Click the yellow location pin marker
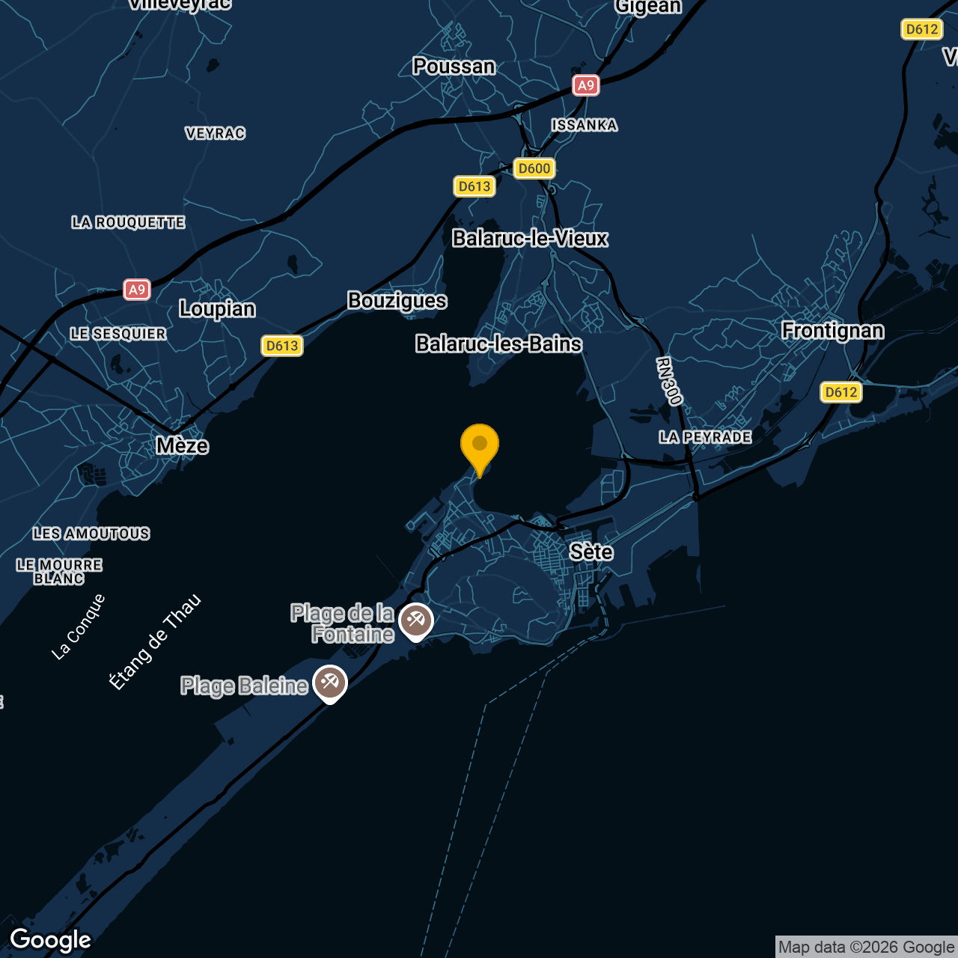pyautogui.click(x=480, y=446)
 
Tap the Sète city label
pyautogui.click(x=591, y=552)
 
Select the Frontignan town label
pyautogui.click(x=832, y=331)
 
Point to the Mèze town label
pyautogui.click(x=182, y=446)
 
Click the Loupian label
pyautogui.click(x=217, y=309)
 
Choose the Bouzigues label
pyautogui.click(x=397, y=301)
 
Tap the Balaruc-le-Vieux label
pyautogui.click(x=530, y=239)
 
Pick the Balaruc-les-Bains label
pyautogui.click(x=498, y=344)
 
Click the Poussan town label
pyautogui.click(x=454, y=67)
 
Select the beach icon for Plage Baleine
pyautogui.click(x=330, y=683)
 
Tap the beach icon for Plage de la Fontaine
pyautogui.click(x=416, y=620)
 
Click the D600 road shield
pyautogui.click(x=534, y=168)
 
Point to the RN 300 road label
pyautogui.click(x=669, y=382)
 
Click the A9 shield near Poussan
pyautogui.click(x=585, y=85)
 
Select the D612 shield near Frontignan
pyautogui.click(x=841, y=392)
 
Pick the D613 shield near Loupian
pyautogui.click(x=282, y=346)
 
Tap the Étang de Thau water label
pyautogui.click(x=156, y=641)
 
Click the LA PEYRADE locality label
pyautogui.click(x=705, y=437)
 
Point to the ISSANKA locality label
pyautogui.click(x=585, y=125)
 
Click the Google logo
pyautogui.click(x=51, y=940)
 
